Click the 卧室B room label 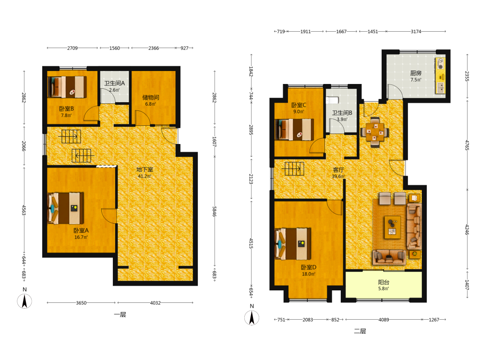point(66,108)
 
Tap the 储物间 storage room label point(151,97)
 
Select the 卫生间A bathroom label point(115,83)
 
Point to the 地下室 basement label point(144,169)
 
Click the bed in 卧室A point(66,208)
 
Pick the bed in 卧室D point(293,244)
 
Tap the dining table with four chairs point(375,132)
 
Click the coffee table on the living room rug point(392,227)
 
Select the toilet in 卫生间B point(332,100)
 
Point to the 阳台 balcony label point(384,282)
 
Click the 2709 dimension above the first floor point(72,48)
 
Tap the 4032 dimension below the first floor point(155,303)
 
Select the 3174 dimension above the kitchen point(416,31)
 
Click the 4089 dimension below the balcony point(384,320)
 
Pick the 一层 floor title point(120,314)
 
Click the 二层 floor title point(360,331)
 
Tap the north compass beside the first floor point(24,301)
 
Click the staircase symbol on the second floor point(294,168)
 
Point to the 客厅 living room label point(338,169)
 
